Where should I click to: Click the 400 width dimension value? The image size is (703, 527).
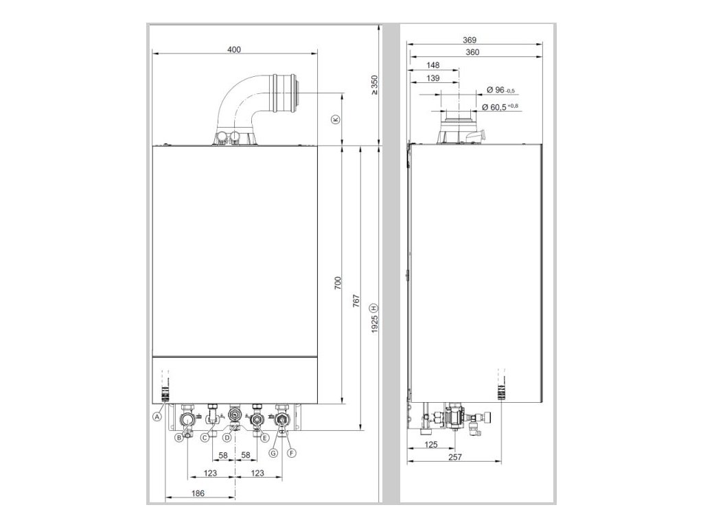click(x=234, y=49)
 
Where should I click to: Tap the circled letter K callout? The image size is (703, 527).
click(x=336, y=119)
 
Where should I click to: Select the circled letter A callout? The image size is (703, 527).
click(x=157, y=417)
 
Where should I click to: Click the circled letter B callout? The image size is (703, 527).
click(x=179, y=438)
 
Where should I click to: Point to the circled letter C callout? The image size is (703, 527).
click(x=205, y=438)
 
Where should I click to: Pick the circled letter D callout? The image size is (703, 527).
click(x=227, y=438)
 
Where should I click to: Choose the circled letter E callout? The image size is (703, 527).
click(x=264, y=438)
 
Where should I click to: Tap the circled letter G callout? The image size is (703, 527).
click(x=273, y=453)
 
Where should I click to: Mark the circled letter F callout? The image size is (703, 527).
click(x=292, y=453)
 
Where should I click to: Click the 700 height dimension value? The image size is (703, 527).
click(x=338, y=283)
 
